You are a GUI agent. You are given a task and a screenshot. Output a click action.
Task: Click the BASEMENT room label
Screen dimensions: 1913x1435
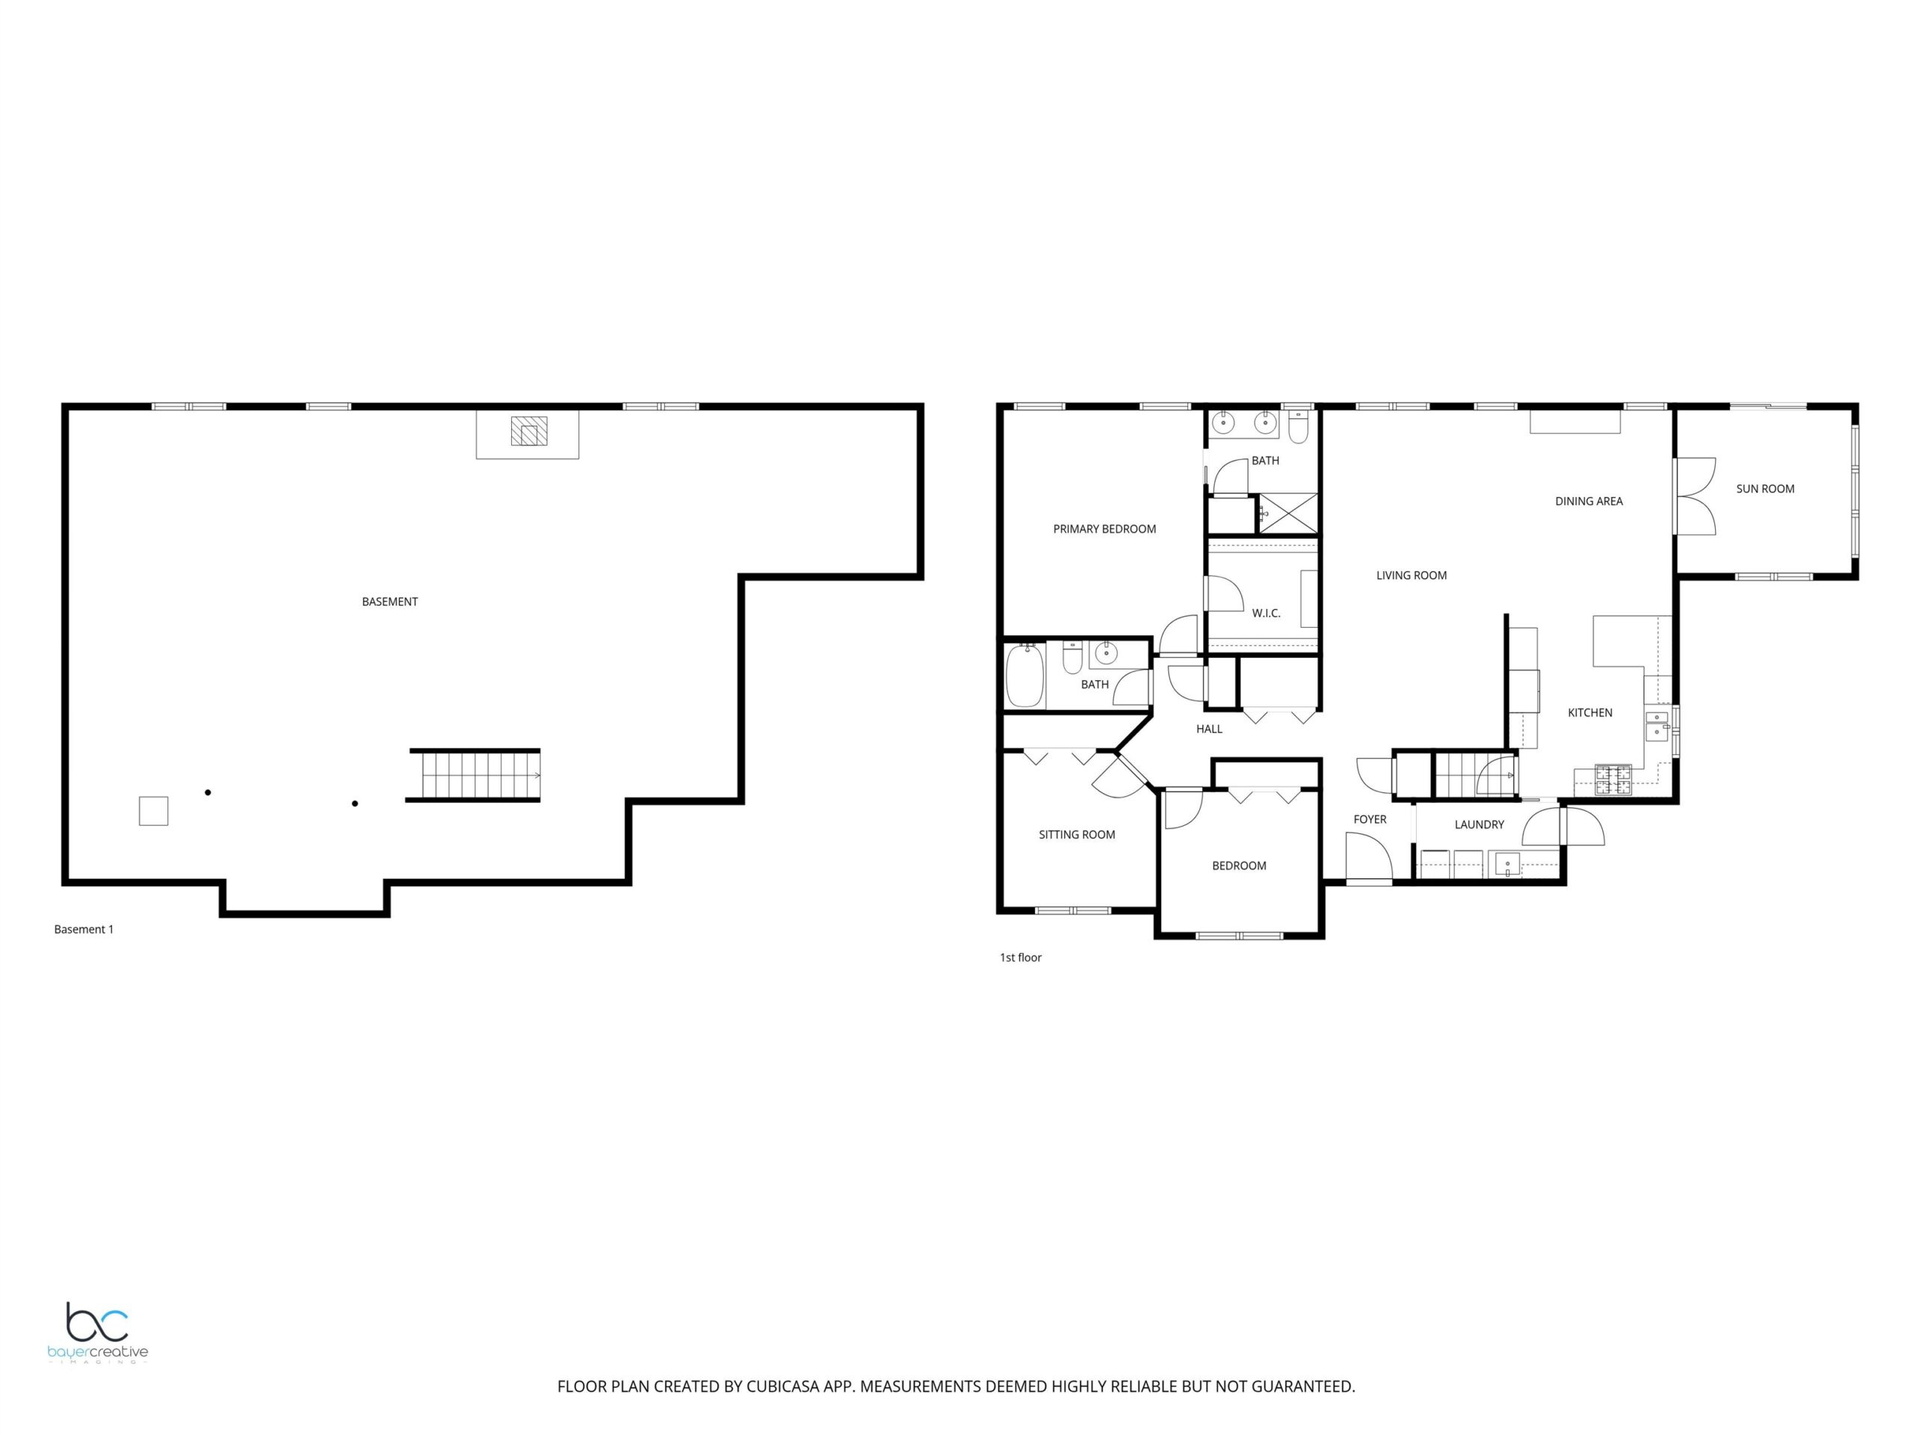pyautogui.click(x=389, y=602)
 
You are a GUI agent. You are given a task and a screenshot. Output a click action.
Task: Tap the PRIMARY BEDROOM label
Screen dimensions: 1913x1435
pyautogui.click(x=1104, y=529)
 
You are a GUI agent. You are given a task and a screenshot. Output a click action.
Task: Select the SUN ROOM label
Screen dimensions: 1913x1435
pyautogui.click(x=1765, y=489)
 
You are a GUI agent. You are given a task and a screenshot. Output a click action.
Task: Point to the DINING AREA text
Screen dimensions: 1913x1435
pyautogui.click(x=1589, y=501)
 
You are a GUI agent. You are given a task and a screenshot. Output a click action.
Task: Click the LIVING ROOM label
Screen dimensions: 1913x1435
pyautogui.click(x=1412, y=575)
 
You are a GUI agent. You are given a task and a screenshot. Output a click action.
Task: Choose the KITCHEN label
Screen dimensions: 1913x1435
pyautogui.click(x=1589, y=713)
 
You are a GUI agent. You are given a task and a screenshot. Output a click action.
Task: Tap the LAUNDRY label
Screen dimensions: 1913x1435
pyautogui.click(x=1479, y=824)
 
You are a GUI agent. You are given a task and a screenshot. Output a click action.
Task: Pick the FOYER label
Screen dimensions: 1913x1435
pyautogui.click(x=1370, y=819)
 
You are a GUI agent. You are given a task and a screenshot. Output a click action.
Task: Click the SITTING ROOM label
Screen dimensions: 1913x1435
pyautogui.click(x=1077, y=835)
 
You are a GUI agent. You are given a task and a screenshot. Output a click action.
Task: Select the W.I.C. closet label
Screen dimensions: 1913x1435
pyautogui.click(x=1266, y=614)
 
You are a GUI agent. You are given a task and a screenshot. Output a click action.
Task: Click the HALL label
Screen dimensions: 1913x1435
pyautogui.click(x=1209, y=729)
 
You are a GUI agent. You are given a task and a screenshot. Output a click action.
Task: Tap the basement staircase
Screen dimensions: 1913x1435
pyautogui.click(x=474, y=775)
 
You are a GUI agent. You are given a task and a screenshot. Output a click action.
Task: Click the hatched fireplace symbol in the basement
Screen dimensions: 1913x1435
pyautogui.click(x=528, y=430)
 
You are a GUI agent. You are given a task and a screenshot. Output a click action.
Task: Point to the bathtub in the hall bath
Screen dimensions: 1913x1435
pyautogui.click(x=1025, y=676)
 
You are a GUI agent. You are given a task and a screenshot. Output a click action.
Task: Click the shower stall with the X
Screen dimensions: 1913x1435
pyautogui.click(x=1288, y=513)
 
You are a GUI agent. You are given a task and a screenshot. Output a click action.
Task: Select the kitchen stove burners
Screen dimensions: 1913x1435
pyautogui.click(x=1613, y=780)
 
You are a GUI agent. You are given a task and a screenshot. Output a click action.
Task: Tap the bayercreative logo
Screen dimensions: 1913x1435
pyautogui.click(x=98, y=1333)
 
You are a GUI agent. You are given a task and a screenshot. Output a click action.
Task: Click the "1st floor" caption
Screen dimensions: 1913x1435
pyautogui.click(x=1021, y=957)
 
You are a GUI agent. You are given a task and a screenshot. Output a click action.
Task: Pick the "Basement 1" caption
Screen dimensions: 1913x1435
pyautogui.click(x=84, y=929)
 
